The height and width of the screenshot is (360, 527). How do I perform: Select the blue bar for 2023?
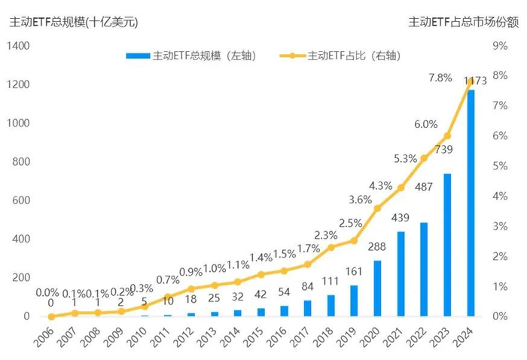[447, 245]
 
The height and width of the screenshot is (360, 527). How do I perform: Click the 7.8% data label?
[440, 78]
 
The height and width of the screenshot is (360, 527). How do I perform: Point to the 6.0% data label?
[425, 124]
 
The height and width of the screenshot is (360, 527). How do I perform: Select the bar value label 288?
[376, 246]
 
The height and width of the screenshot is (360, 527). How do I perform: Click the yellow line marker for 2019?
[354, 241]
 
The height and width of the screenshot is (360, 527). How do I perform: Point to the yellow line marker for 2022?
[424, 158]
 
